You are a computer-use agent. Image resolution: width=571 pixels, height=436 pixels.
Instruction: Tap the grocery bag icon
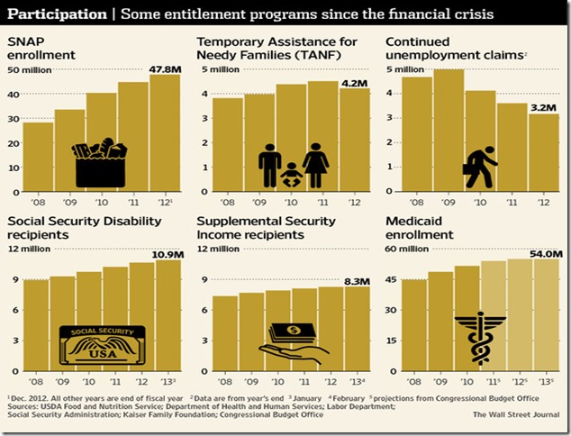[100, 163]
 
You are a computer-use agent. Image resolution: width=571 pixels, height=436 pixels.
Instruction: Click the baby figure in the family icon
[292, 175]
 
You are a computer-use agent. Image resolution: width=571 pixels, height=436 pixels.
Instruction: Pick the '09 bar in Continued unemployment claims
[449, 131]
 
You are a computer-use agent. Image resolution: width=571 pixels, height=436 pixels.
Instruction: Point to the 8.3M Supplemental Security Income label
[354, 281]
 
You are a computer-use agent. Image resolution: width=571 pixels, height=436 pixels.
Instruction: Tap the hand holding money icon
[291, 341]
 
